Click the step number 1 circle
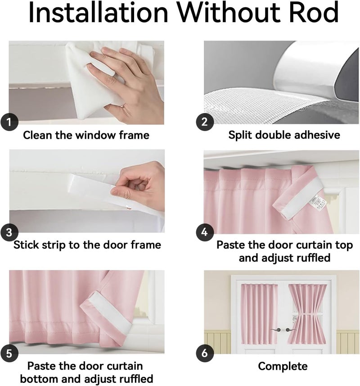click(9, 122)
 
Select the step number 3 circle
click(9, 232)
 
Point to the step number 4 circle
click(205, 232)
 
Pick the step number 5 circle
click(9, 354)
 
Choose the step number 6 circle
click(205, 353)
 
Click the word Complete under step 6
click(283, 366)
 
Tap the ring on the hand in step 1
click(123, 106)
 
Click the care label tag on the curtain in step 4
click(318, 203)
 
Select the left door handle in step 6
click(276, 330)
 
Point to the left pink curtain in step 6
click(259, 314)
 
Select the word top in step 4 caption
click(344, 245)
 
